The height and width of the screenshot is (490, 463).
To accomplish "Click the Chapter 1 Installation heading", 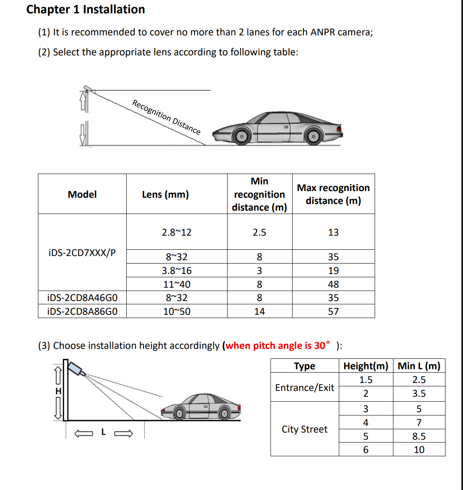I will pyautogui.click(x=85, y=9).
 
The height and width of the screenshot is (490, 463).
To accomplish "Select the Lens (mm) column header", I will pyautogui.click(x=165, y=194).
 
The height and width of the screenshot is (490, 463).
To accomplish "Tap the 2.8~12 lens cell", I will pyautogui.click(x=177, y=232).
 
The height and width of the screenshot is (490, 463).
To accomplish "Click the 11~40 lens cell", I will pyautogui.click(x=177, y=284).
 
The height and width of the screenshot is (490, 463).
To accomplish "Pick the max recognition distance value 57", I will pyautogui.click(x=333, y=311).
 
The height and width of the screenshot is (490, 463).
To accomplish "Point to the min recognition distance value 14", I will pyautogui.click(x=259, y=311).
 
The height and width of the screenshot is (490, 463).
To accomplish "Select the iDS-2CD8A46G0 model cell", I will pyautogui.click(x=82, y=298).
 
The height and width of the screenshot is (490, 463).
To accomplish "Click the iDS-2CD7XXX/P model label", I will pyautogui.click(x=82, y=253).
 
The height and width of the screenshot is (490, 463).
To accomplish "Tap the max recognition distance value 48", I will pyautogui.click(x=333, y=284).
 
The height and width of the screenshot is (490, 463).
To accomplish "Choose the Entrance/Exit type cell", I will pyautogui.click(x=305, y=388).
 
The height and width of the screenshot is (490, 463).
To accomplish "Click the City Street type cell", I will pyautogui.click(x=305, y=429).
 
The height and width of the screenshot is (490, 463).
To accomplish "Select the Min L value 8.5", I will pyautogui.click(x=419, y=436).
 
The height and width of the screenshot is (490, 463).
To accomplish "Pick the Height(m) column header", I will pyautogui.click(x=365, y=366).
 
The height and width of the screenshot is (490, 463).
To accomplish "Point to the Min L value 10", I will pyautogui.click(x=419, y=450).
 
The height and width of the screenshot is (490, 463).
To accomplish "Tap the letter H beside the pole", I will pyautogui.click(x=58, y=391).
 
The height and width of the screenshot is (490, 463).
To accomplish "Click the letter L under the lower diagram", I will pyautogui.click(x=103, y=433).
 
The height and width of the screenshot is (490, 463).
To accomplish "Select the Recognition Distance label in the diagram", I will pyautogui.click(x=166, y=117).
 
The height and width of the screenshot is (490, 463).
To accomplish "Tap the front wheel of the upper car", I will pyautogui.click(x=241, y=137).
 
